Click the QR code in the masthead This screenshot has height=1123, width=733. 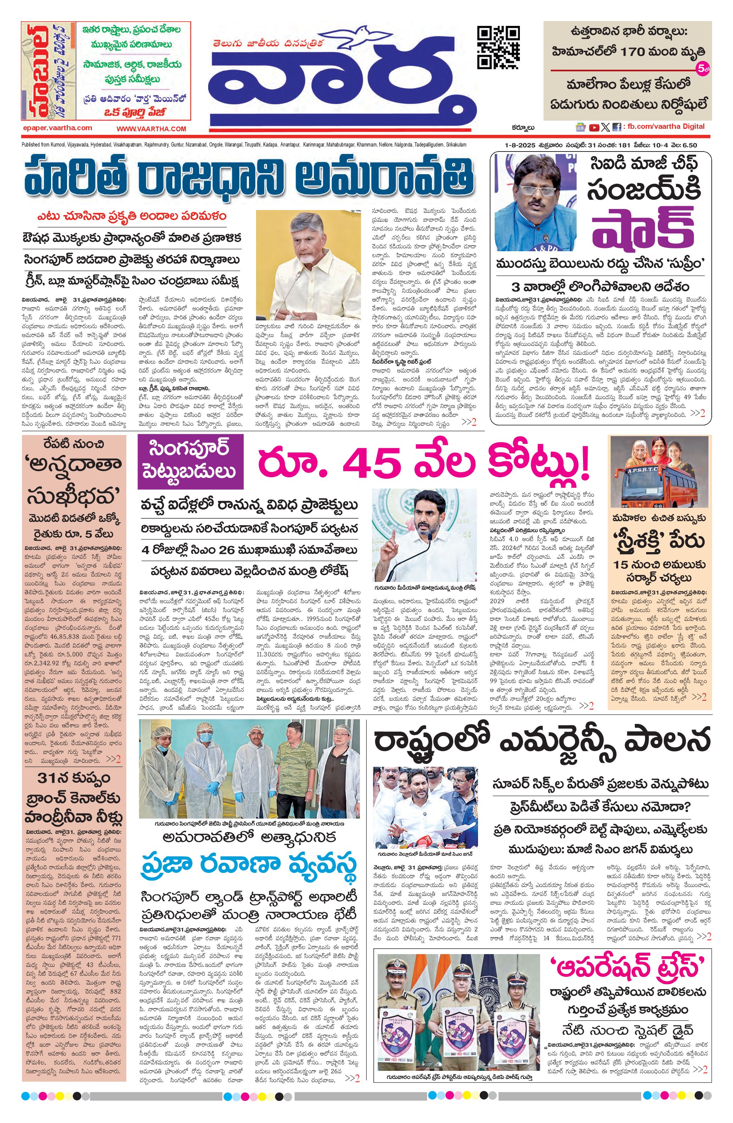click(x=499, y=47)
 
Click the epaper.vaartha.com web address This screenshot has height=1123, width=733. click(x=57, y=128)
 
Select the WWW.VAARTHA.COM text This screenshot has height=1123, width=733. click(x=151, y=128)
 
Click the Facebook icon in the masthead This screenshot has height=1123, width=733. click(x=616, y=127)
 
